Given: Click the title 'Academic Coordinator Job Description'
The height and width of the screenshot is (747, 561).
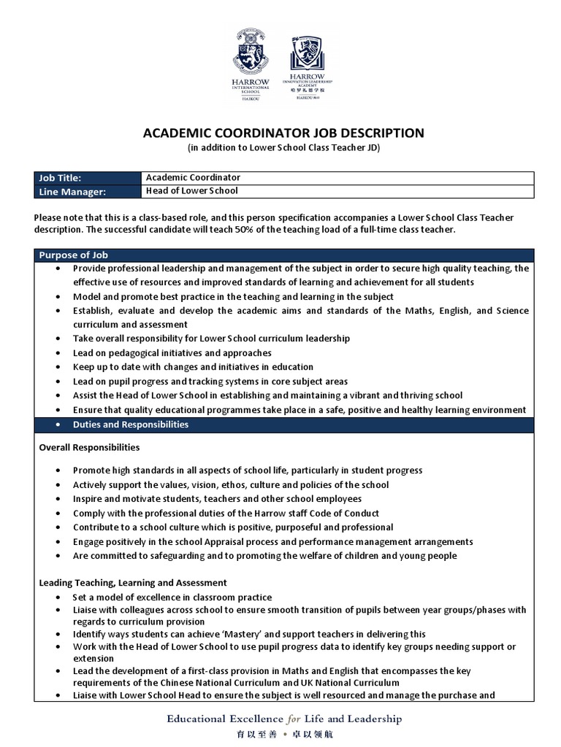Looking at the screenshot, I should (282, 133).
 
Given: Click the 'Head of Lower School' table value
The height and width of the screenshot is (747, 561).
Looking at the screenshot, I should (192, 191).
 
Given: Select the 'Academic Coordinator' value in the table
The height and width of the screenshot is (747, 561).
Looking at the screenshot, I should (193, 177).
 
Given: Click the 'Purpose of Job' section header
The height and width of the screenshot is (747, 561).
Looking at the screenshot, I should (73, 255).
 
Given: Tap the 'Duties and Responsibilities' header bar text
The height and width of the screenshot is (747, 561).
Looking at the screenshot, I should (130, 425).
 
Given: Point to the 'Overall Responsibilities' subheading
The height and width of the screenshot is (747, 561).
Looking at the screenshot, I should (89, 447).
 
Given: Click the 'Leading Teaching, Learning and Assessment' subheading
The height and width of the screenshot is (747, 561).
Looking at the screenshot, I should (132, 583).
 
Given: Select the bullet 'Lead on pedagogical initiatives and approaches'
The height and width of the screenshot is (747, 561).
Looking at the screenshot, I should (172, 353).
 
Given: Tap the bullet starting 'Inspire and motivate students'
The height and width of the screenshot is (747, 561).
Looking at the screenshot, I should (217, 499).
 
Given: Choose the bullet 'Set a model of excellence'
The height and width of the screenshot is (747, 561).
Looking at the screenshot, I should (172, 597).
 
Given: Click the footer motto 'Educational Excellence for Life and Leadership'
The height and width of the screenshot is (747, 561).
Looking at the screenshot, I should (284, 719).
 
